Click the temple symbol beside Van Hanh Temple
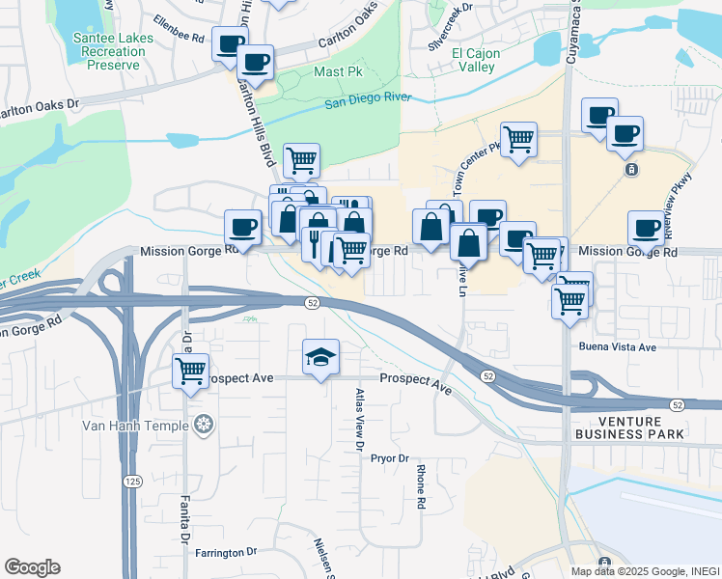[203, 424]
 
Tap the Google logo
[32, 567]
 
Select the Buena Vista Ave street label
[617, 346]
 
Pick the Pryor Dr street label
[390, 458]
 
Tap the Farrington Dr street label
[226, 553]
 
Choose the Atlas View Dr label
[358, 421]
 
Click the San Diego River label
[367, 100]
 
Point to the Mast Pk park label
[336, 72]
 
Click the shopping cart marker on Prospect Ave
[191, 370]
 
